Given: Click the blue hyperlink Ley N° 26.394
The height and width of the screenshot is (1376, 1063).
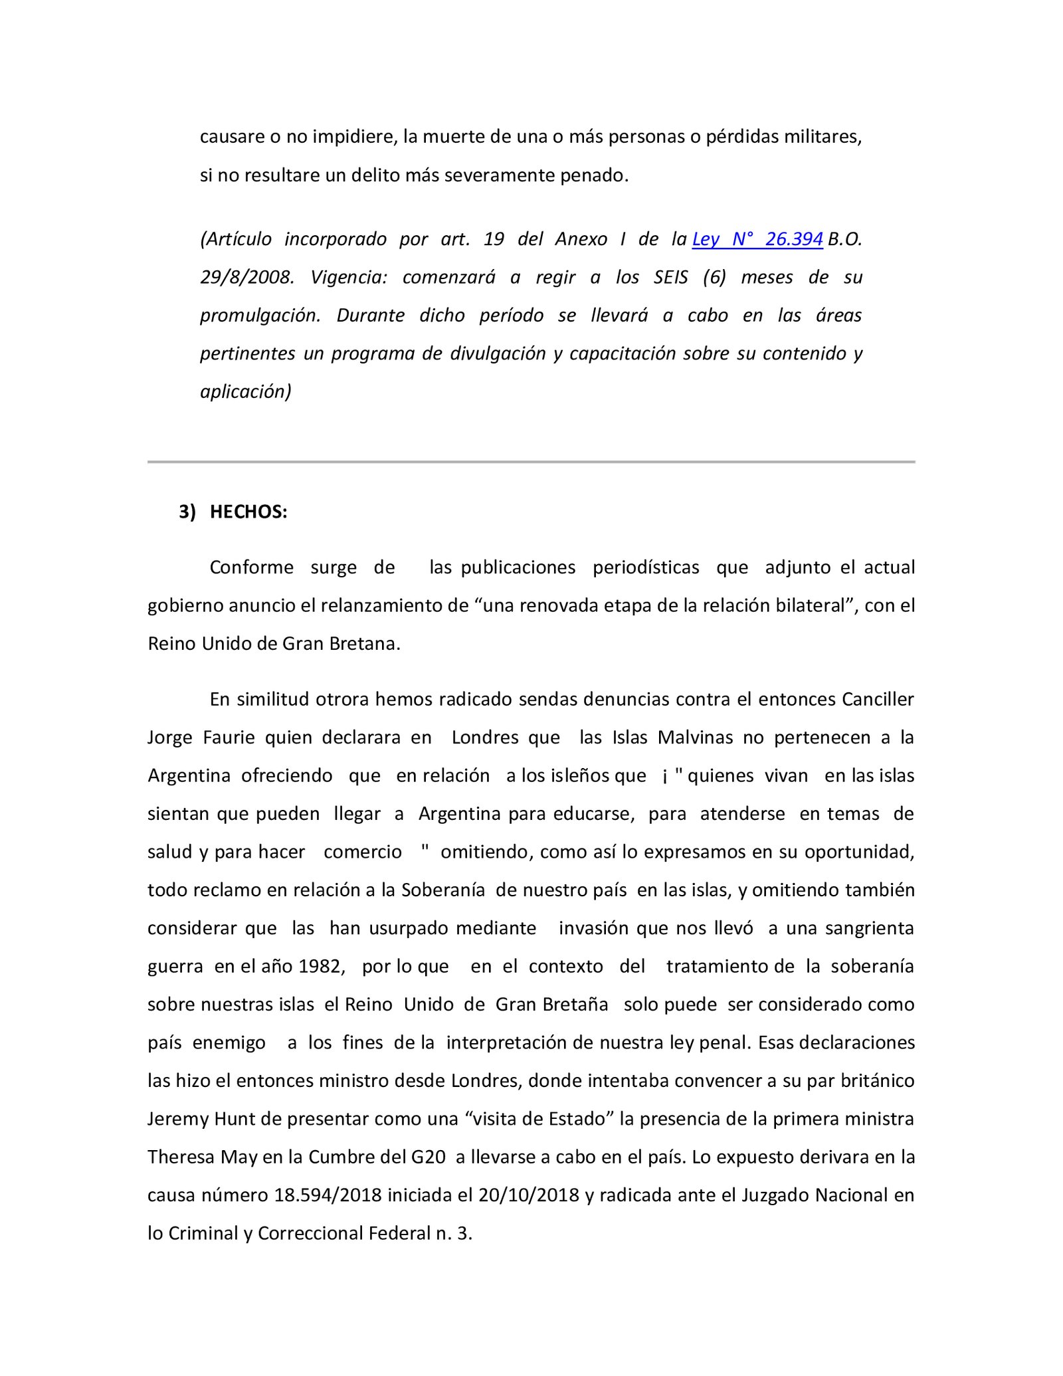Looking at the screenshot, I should (x=757, y=239).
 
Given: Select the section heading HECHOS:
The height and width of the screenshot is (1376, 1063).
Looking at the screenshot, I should (x=248, y=512).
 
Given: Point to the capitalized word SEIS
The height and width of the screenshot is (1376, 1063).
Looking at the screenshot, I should (x=670, y=277).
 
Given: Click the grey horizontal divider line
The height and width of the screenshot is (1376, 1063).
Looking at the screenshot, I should (x=531, y=462).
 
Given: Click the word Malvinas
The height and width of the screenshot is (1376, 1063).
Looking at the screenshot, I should (x=696, y=737).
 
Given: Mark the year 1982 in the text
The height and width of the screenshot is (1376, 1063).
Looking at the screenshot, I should (x=322, y=966).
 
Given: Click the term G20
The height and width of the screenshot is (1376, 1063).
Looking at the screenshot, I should (x=429, y=1157).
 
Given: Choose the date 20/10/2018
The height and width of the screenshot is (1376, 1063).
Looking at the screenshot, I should (x=520, y=1195).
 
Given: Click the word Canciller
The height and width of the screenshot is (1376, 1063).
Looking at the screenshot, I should (x=878, y=700).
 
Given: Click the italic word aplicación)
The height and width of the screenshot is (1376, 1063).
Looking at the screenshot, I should (x=246, y=392).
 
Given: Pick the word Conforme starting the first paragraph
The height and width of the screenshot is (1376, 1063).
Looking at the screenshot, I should (x=252, y=567).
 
